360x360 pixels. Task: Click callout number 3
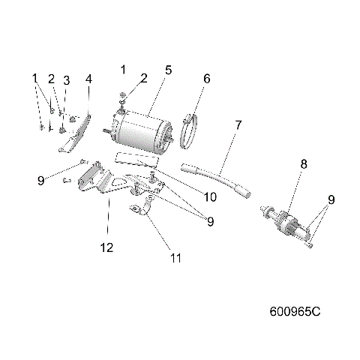pyautogui.click(x=66, y=80)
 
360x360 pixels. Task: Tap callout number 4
pyautogui.click(x=88, y=79)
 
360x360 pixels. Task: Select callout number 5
pyautogui.click(x=169, y=70)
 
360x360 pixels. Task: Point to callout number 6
pyautogui.click(x=207, y=78)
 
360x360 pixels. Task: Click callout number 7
pyautogui.click(x=238, y=125)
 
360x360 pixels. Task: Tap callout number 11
pyautogui.click(x=175, y=258)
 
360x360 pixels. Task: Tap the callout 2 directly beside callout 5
pyautogui.click(x=144, y=78)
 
